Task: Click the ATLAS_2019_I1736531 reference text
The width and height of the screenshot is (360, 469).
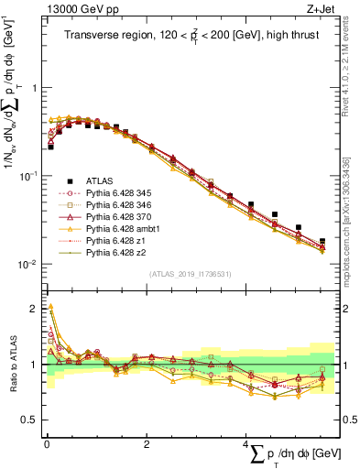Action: (x=191, y=274)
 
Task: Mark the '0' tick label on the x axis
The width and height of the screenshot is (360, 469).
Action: (x=46, y=444)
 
